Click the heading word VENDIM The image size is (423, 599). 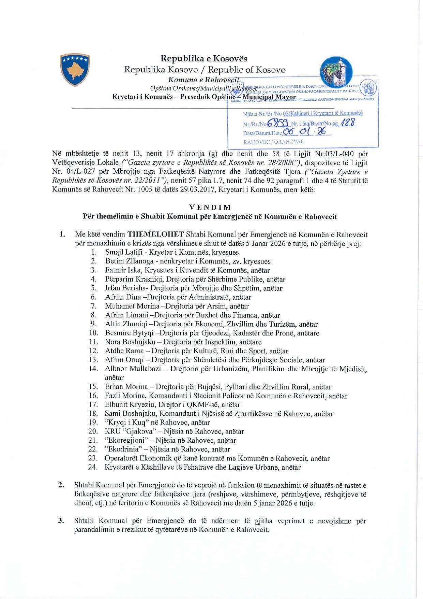click(210, 208)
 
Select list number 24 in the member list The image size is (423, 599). click(93, 467)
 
